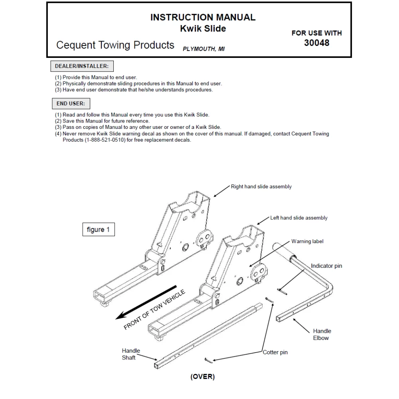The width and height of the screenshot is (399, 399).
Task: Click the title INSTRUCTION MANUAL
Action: pos(203,17)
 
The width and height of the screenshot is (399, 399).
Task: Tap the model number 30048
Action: pos(316,43)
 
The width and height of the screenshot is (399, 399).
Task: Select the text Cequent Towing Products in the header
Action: pos(115,45)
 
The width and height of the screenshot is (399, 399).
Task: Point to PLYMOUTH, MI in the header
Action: pos(203,49)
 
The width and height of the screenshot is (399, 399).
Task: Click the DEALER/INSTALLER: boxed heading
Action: pos(82,66)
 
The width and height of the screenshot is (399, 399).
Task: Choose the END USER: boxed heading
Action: pos(71,103)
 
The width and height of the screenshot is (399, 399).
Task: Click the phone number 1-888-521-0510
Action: pos(107,140)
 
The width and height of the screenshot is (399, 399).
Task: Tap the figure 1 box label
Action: pos(98,229)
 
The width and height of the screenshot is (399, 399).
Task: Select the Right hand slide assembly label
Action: pos(261,187)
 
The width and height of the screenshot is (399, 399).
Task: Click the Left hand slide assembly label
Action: pos(298,218)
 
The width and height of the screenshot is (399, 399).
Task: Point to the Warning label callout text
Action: pos(307,241)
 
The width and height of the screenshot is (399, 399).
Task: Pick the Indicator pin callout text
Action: pos(326,266)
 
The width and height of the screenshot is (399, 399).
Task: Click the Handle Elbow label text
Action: pos(322,334)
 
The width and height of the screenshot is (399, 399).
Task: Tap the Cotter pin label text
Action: pos(275,352)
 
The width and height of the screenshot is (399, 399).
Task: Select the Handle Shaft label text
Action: pos(131,354)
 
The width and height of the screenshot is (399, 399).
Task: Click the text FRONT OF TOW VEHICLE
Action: pos(154,310)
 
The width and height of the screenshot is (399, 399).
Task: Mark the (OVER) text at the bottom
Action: pos(202,377)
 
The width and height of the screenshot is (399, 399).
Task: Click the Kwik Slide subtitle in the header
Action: pos(203,28)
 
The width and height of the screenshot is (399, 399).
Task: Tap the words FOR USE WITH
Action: pos(316,33)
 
